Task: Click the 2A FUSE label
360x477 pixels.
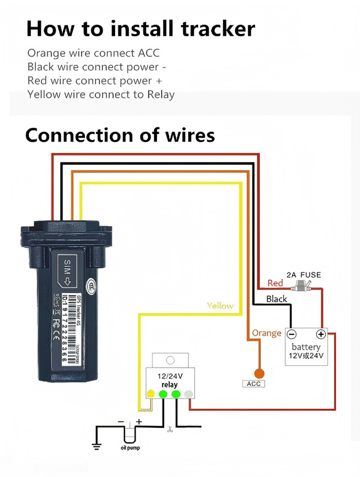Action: click(x=304, y=275)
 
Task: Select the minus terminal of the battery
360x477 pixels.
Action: click(x=293, y=334)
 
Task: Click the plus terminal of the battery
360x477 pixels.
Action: click(x=321, y=334)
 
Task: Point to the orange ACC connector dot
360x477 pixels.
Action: click(x=259, y=373)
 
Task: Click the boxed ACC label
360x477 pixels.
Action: click(x=253, y=384)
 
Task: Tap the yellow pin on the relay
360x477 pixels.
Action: click(x=150, y=394)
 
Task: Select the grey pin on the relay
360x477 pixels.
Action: click(x=188, y=394)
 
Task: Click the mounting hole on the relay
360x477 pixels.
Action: click(x=170, y=360)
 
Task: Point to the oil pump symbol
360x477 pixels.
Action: click(x=130, y=433)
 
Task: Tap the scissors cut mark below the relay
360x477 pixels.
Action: click(x=169, y=429)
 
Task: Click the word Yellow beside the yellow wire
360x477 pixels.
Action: click(x=220, y=306)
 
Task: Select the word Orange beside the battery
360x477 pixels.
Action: click(x=267, y=333)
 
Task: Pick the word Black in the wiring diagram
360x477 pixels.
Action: click(x=277, y=299)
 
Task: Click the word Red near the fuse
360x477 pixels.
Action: click(x=275, y=283)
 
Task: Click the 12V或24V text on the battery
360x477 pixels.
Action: click(x=306, y=356)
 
